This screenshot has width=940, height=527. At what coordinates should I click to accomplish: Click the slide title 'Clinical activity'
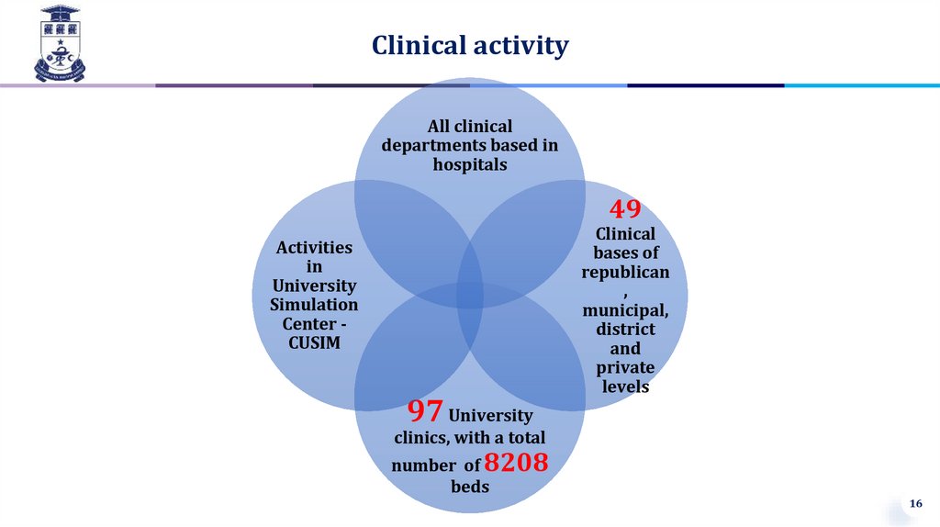pos(470,45)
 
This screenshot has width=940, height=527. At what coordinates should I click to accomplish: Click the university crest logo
pos(59,42)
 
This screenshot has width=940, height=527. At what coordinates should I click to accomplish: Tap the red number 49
pos(625,208)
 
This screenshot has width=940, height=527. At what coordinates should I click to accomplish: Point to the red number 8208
pos(516,463)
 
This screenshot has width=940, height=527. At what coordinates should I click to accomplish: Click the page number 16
pos(914,504)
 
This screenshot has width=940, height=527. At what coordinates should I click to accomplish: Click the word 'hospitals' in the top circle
pos(470,164)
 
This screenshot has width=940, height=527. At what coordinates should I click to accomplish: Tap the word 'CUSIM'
pos(315,342)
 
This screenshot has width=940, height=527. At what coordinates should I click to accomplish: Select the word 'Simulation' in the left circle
pos(314,304)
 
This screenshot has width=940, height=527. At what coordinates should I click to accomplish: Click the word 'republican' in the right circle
pos(625,272)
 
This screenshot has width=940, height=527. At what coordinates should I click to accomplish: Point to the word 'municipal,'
pos(625,309)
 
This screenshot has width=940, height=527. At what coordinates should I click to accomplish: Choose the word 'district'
pos(625,329)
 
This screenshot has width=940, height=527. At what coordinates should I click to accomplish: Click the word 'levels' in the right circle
pos(625,387)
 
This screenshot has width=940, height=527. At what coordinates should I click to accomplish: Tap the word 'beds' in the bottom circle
pos(470,486)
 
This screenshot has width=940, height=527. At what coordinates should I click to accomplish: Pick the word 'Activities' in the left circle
pos(314,247)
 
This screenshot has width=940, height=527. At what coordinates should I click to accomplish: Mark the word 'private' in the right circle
pos(625,367)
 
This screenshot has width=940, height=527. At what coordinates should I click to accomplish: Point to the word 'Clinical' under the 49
pos(625,233)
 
